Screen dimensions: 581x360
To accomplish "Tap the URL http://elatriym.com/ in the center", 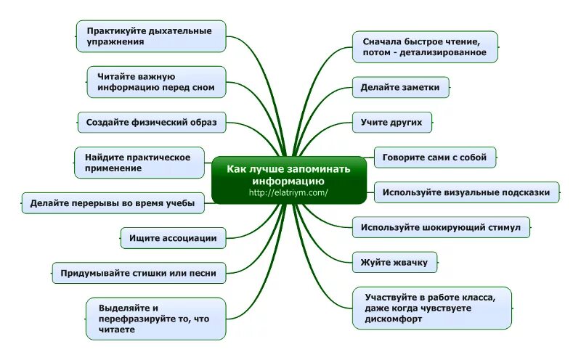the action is (x=288, y=192).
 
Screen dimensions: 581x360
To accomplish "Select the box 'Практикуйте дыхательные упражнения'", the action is (x=150, y=36).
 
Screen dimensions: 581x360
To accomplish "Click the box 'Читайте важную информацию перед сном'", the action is (x=155, y=82).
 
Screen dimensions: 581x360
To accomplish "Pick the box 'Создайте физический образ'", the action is (x=151, y=122).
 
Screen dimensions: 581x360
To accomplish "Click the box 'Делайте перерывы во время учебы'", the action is (x=113, y=203).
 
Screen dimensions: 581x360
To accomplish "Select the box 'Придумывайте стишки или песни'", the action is (x=138, y=273).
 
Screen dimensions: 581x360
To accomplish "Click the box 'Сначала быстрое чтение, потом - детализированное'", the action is (x=425, y=47).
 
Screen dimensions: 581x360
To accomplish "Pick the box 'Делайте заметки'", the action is (x=400, y=87).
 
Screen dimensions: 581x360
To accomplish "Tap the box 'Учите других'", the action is (x=391, y=122).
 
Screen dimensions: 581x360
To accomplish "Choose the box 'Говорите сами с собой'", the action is (x=435, y=156).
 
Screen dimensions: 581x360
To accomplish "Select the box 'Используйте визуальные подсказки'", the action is (x=466, y=192).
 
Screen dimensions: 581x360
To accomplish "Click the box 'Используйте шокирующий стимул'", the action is (x=441, y=227).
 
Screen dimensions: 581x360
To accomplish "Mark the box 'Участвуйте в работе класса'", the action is (x=431, y=308).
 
